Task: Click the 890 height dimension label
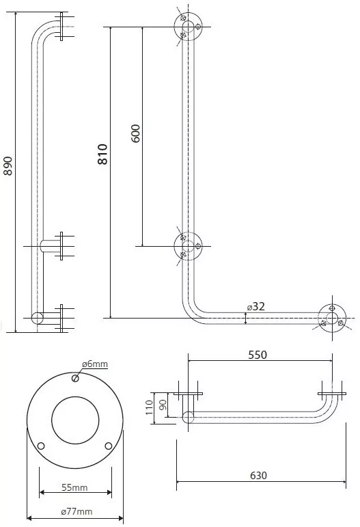point(8,165)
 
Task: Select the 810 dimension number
point(102,154)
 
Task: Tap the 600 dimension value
point(135,133)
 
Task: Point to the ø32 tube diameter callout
point(256,306)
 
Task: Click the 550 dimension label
point(258,355)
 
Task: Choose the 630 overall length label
point(259,476)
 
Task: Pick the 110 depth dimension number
point(150,407)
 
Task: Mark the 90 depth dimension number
point(163,405)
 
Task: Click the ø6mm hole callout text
point(95,364)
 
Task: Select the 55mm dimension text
point(74,487)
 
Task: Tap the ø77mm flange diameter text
point(77,511)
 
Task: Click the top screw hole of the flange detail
point(75,379)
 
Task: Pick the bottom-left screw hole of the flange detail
point(41,446)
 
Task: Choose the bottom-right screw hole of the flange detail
point(109,446)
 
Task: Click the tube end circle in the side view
point(38,318)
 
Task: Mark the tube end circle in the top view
point(188,418)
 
